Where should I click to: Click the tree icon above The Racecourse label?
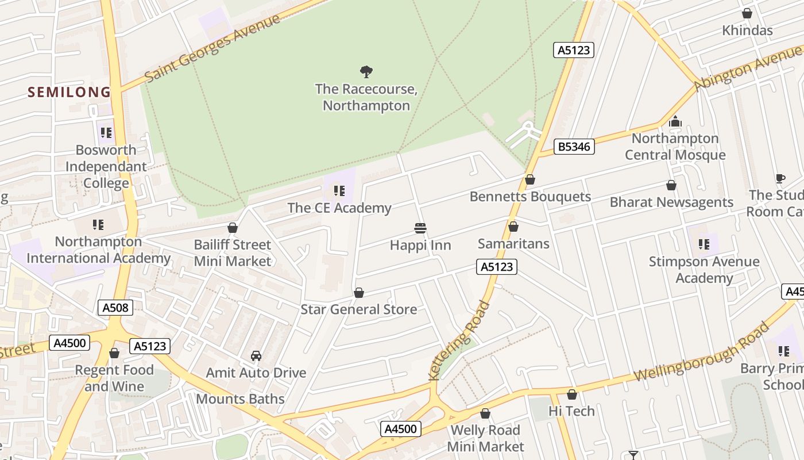tap(366, 72)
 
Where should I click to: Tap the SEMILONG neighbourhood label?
tap(69, 92)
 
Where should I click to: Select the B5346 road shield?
tap(574, 147)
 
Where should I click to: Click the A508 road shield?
tap(115, 308)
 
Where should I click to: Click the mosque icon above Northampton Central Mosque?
tap(675, 121)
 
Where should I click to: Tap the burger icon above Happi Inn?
tap(420, 228)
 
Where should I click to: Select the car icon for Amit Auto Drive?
tap(256, 356)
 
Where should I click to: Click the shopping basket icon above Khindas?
tap(747, 13)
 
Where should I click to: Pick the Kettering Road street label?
tap(459, 340)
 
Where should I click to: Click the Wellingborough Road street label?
tap(701, 352)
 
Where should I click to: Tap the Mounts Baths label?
tap(240, 399)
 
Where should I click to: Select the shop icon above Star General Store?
tap(359, 293)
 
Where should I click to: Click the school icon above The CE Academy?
tap(339, 190)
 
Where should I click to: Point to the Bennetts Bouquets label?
tap(530, 197)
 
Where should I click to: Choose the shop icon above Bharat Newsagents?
tap(671, 185)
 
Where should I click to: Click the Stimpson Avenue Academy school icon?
tap(704, 244)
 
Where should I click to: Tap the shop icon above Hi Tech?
tap(571, 394)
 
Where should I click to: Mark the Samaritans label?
tap(513, 244)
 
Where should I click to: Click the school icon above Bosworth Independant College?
tap(106, 133)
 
